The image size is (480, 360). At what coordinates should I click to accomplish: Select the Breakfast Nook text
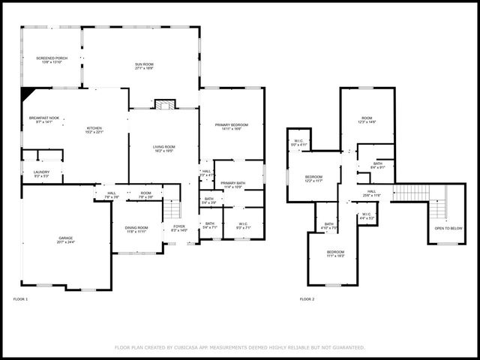point(44,118)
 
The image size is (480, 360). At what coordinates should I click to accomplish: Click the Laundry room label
point(41,173)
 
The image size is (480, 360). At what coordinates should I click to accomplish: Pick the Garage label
point(66,239)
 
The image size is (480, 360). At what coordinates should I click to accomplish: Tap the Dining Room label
point(136,229)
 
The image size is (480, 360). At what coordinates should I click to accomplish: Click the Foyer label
point(179,227)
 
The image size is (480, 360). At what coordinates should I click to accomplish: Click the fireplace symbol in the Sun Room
point(165,104)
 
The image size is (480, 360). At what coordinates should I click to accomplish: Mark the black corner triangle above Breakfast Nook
point(28,94)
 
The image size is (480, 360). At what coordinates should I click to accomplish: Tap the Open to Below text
point(448,228)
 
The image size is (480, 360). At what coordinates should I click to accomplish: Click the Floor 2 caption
point(307,299)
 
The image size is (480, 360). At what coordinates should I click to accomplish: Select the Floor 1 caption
point(20,299)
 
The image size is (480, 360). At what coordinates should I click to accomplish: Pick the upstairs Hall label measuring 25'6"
point(372,193)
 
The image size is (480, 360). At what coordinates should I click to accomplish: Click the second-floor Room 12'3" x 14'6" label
point(367,119)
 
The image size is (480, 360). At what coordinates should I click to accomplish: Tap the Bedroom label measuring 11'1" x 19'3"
point(335,253)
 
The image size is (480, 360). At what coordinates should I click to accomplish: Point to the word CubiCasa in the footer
point(191,347)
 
